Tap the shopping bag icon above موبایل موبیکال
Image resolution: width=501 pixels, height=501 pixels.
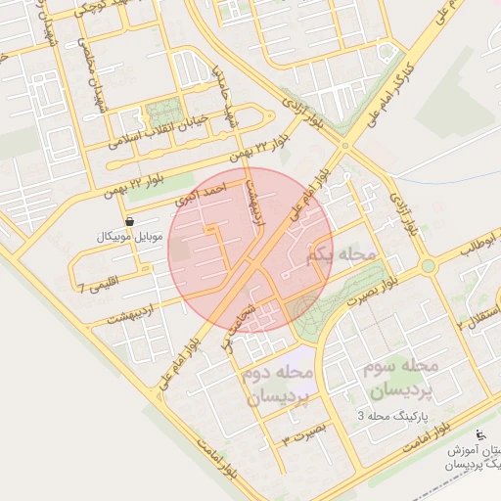[130, 223]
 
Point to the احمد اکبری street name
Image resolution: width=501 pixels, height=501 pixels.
[200, 191]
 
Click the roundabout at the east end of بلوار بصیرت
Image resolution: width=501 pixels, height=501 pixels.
[428, 266]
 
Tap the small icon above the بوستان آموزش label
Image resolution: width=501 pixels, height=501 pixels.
[479, 435]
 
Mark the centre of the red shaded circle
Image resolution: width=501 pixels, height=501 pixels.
[250, 250]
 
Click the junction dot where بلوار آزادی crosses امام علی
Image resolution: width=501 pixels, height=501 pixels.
[343, 147]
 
